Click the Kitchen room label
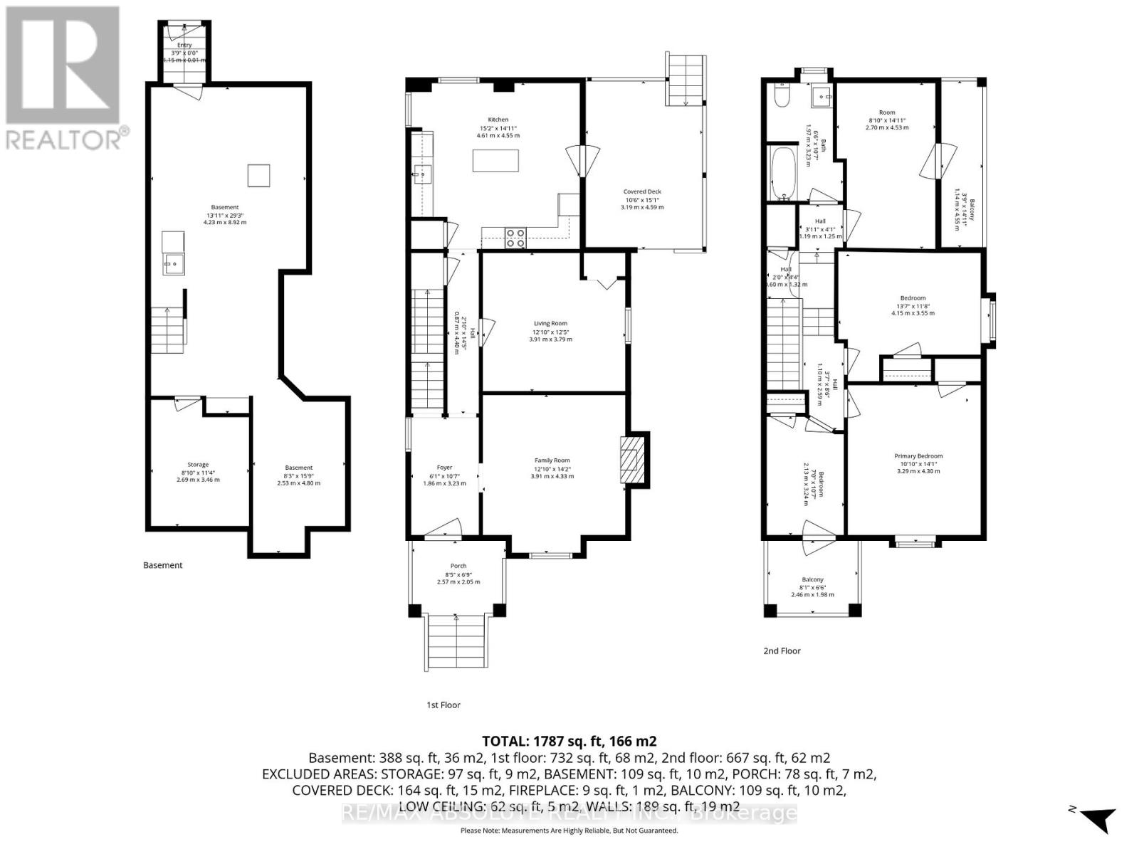(498, 120)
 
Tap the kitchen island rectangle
(495, 160)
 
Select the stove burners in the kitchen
(515, 238)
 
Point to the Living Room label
(550, 323)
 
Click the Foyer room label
(444, 467)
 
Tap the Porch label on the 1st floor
(458, 566)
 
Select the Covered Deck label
(642, 191)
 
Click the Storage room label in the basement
(198, 464)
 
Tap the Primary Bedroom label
(918, 456)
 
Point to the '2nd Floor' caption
(781, 650)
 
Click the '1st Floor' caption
(443, 705)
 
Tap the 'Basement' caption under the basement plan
(162, 565)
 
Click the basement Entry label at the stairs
(184, 45)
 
